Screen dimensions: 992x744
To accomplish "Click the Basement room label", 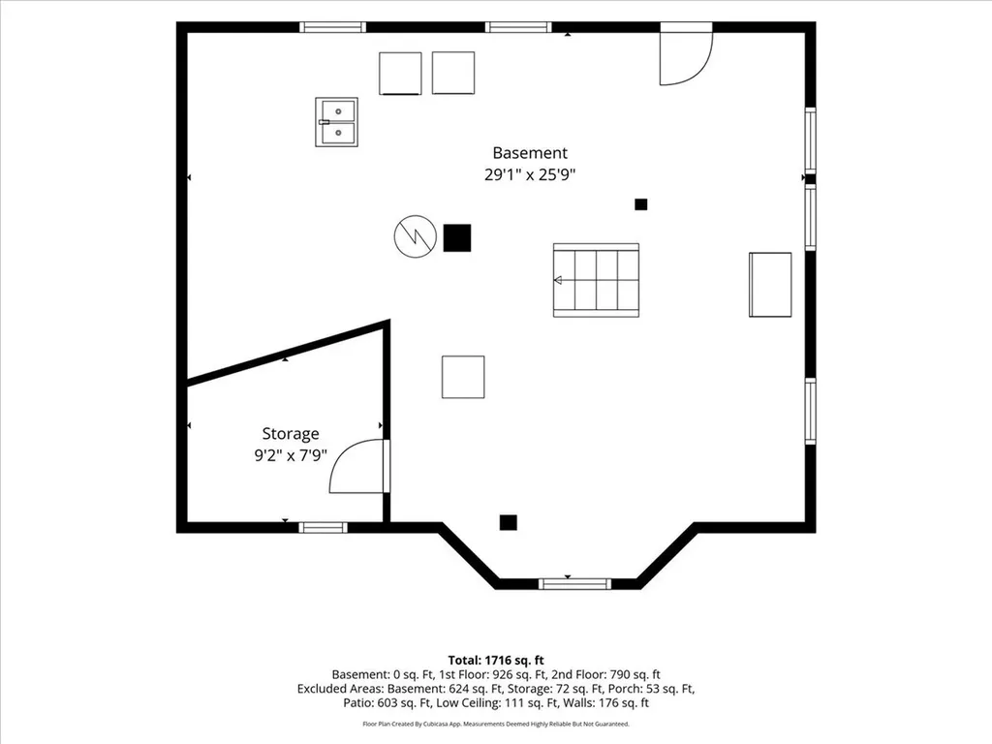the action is click(530, 152).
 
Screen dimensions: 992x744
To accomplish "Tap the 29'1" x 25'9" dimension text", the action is click(530, 174).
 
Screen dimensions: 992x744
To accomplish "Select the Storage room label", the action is click(291, 434).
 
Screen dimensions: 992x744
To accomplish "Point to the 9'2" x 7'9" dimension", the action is click(291, 455).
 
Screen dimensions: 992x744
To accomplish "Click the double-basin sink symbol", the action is click(336, 122).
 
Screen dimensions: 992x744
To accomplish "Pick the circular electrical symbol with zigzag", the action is click(415, 236).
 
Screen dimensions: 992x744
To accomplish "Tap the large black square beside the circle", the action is click(457, 238).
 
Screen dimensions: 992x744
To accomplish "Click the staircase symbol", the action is click(596, 280).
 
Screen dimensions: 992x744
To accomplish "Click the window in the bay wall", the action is click(574, 584).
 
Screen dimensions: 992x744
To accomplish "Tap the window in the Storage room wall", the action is click(323, 528).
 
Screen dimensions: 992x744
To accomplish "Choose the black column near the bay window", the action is click(508, 522).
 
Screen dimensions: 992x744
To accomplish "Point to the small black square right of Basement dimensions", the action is click(641, 204).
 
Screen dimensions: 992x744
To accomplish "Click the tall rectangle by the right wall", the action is click(770, 285).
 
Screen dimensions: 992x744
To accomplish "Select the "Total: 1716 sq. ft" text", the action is click(496, 661).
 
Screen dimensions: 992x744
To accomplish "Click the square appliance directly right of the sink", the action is click(400, 74).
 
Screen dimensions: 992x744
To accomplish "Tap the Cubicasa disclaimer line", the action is click(496, 724).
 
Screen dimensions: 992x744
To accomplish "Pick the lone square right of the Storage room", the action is click(463, 377).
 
